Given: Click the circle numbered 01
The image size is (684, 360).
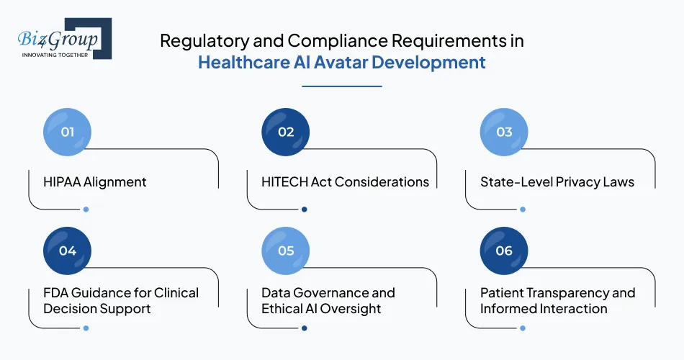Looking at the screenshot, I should [68, 132].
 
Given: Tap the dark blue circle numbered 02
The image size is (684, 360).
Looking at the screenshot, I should [286, 132].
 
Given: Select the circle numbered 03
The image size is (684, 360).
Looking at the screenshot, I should [504, 132].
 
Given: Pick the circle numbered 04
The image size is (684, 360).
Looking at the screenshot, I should [68, 251].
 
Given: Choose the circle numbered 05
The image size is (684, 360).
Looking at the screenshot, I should [286, 251].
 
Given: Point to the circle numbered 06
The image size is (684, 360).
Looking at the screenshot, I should [504, 251].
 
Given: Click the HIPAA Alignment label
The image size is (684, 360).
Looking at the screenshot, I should [94, 182].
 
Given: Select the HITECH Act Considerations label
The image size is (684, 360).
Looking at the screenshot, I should [345, 182].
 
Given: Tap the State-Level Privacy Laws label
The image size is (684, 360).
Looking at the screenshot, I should [557, 182].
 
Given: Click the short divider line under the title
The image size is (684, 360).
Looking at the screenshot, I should [341, 86].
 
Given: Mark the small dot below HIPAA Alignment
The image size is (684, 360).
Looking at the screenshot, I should [86, 210].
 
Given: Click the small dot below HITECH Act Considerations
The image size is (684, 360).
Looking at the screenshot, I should [304, 210].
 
